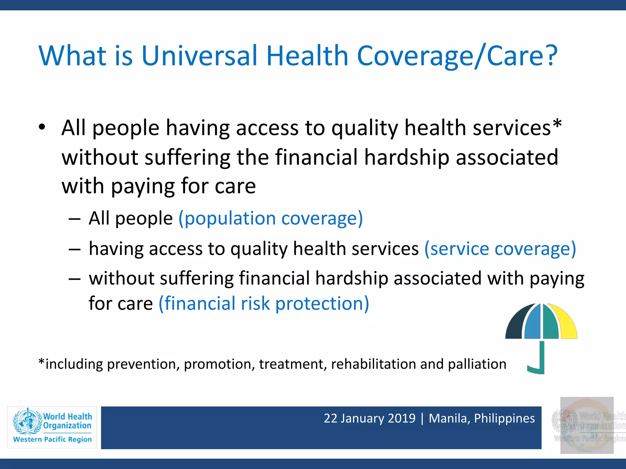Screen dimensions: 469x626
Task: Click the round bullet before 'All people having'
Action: pos(42,127)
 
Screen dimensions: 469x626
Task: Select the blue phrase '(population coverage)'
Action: pos(271,219)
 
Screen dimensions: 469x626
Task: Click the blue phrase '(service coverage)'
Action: pos(500,249)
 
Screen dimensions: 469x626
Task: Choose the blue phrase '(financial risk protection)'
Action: pos(264,304)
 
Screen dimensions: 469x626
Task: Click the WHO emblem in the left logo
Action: pos(28,422)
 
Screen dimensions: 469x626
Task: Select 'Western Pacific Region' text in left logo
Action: pos(52,439)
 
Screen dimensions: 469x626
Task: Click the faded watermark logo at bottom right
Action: pos(587,425)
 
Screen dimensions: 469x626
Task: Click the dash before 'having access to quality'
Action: pos(75,249)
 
